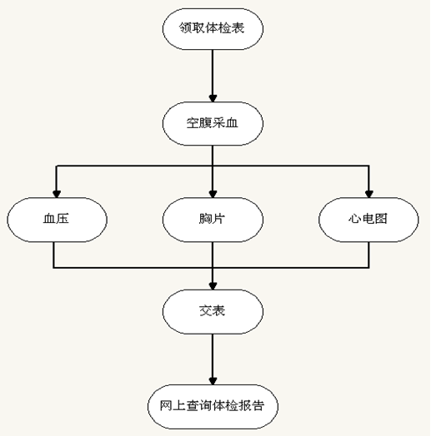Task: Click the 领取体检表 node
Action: [213, 29]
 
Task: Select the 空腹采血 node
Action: [213, 123]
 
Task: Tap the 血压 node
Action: [57, 220]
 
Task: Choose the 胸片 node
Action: [213, 220]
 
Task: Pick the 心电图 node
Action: [368, 220]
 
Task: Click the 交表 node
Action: [213, 311]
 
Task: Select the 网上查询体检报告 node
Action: [213, 407]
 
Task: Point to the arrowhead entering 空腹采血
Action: [213, 98]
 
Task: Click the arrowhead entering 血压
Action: [57, 194]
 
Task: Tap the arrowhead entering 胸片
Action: [213, 194]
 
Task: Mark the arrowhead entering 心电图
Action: [369, 194]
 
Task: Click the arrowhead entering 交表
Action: [213, 286]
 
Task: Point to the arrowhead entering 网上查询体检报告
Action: [213, 381]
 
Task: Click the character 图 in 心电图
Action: [381, 219]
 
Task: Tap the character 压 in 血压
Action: [63, 219]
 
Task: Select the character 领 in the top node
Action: [185, 27]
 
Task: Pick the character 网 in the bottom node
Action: [166, 406]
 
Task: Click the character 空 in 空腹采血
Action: [193, 122]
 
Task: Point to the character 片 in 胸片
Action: [218, 219]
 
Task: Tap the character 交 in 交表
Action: [206, 310]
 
